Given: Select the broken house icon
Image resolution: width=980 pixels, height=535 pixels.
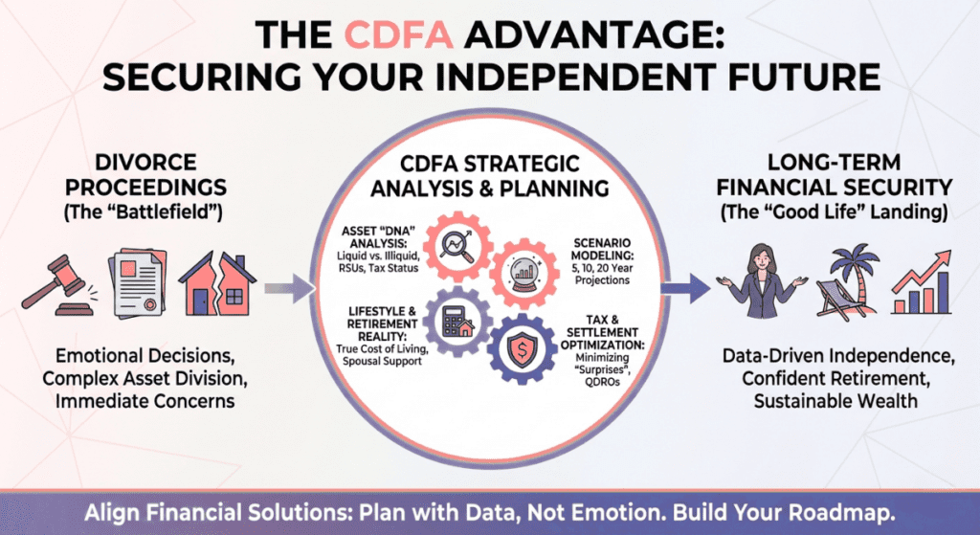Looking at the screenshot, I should [x=215, y=283].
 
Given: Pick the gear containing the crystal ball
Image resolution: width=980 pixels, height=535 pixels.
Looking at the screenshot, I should [x=523, y=271].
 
